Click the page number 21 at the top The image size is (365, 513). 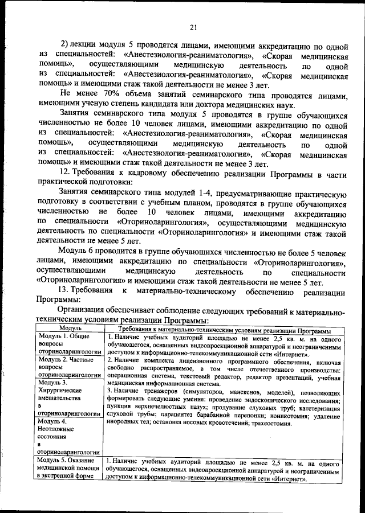point(193,26)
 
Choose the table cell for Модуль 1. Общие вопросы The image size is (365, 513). point(70,345)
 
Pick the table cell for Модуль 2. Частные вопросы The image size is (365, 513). point(70,368)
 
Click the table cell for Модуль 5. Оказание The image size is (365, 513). point(70,468)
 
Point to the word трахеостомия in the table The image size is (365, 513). point(271,424)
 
